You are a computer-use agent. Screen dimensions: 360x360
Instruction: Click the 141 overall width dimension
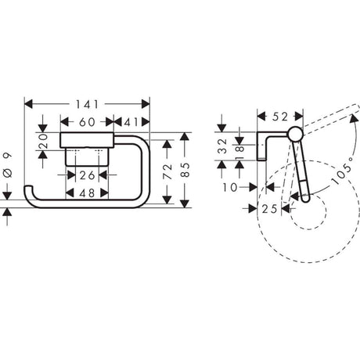(x=88, y=105)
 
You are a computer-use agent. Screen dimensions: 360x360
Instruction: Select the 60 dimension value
(x=87, y=122)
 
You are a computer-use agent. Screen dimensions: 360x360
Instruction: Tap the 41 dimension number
(x=131, y=122)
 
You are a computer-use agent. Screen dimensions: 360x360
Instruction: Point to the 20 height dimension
(x=43, y=141)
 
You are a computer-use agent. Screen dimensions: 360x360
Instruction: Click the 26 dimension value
(x=87, y=175)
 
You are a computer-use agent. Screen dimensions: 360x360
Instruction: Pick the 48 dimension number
(x=87, y=193)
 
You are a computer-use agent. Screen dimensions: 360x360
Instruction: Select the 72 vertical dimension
(x=167, y=171)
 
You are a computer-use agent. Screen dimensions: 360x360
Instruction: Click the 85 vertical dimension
(x=185, y=170)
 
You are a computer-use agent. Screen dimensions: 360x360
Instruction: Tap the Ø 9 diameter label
(x=8, y=165)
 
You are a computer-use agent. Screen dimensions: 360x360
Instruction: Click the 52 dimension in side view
(x=280, y=117)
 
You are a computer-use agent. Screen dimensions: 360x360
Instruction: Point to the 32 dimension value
(x=222, y=146)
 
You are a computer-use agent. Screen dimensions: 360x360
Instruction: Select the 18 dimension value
(x=239, y=153)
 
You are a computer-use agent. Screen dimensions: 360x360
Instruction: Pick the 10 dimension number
(x=230, y=187)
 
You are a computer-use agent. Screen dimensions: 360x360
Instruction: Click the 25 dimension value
(x=269, y=209)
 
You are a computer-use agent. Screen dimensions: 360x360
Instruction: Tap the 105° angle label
(x=344, y=171)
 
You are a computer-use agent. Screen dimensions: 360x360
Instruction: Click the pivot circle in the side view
(x=295, y=135)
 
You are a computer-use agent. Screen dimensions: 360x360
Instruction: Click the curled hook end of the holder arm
(x=28, y=189)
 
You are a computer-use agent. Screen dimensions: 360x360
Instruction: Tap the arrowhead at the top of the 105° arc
(x=355, y=118)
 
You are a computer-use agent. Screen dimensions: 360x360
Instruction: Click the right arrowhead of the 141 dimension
(x=146, y=104)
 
